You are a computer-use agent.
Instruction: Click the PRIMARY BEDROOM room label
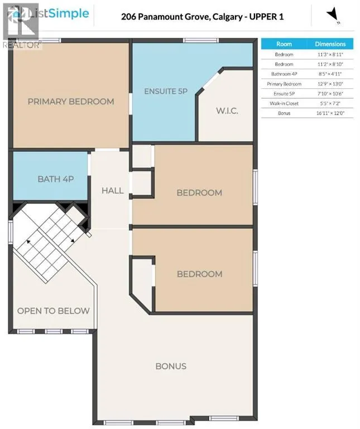(71, 102)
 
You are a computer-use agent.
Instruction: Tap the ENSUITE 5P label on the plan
(166, 91)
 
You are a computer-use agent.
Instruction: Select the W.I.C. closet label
(227, 111)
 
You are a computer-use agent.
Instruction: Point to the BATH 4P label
(56, 179)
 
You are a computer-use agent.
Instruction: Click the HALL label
(112, 190)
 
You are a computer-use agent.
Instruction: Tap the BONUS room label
(171, 366)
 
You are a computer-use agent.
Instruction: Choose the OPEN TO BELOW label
(54, 311)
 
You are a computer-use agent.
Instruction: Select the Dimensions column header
(330, 44)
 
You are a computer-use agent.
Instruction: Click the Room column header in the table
(284, 44)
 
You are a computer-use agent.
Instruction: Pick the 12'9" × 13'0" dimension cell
(330, 84)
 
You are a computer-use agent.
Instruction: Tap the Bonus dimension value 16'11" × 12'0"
(330, 113)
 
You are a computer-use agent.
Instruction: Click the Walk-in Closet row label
(284, 103)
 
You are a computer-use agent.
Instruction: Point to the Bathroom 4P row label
(284, 74)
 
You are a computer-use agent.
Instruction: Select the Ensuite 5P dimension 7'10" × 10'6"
(330, 94)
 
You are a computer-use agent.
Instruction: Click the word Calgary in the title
(227, 17)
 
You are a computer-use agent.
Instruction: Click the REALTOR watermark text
(22, 45)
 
